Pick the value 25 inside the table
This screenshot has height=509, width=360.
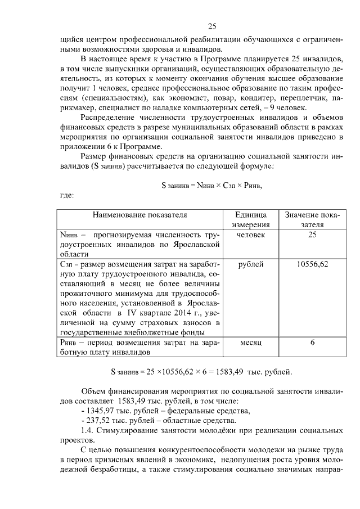(312, 235)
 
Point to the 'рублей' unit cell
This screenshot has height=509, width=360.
(251, 264)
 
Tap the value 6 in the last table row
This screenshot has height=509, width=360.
(312, 343)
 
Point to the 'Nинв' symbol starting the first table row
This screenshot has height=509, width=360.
(69, 235)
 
